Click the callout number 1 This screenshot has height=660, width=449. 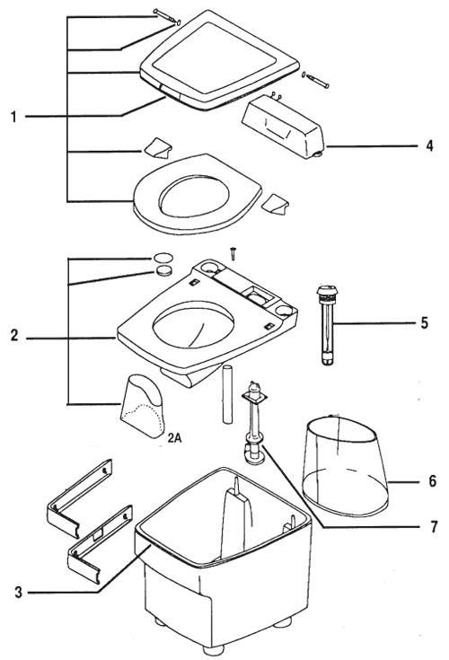coord(13,117)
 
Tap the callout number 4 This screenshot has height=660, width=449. coord(429,146)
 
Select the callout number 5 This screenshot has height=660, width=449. coord(425,323)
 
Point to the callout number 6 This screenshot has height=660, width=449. coord(433,480)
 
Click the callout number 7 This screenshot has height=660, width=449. coord(434,526)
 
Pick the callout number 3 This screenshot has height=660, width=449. coord(18,593)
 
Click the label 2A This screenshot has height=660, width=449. coord(174,438)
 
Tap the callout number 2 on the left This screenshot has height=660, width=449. coord(14,336)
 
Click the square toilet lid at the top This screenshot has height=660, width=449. coord(219,60)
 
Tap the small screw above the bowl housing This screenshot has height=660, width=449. coord(233,253)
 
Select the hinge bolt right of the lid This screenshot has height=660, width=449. coord(318,81)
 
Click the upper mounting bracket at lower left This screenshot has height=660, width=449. coord(79,498)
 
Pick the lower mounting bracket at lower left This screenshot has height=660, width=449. coord(100,545)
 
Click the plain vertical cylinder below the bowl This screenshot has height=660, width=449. coord(227,394)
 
